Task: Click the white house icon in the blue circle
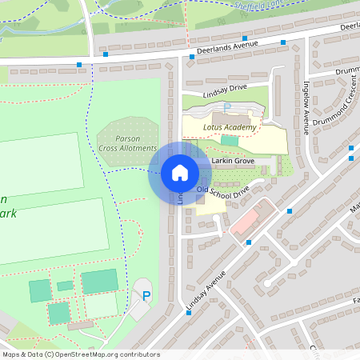(179, 172)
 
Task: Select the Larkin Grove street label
(233, 162)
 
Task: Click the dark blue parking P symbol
(146, 296)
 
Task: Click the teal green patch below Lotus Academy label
(230, 140)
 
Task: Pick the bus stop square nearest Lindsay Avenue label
(188, 313)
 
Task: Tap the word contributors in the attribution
(139, 354)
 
